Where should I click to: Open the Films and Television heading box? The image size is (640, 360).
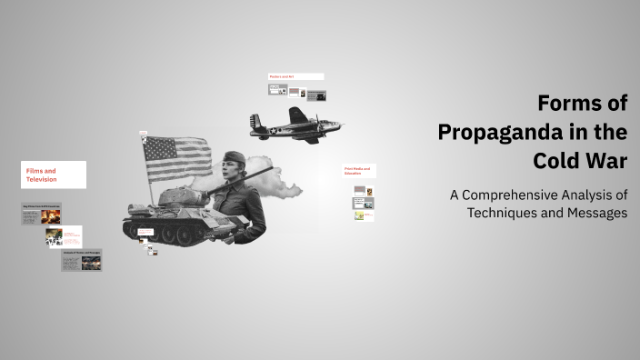click(x=54, y=175)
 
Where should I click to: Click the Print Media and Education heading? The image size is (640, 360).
click(x=359, y=171)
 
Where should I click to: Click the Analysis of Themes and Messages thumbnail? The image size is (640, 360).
click(x=81, y=261)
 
